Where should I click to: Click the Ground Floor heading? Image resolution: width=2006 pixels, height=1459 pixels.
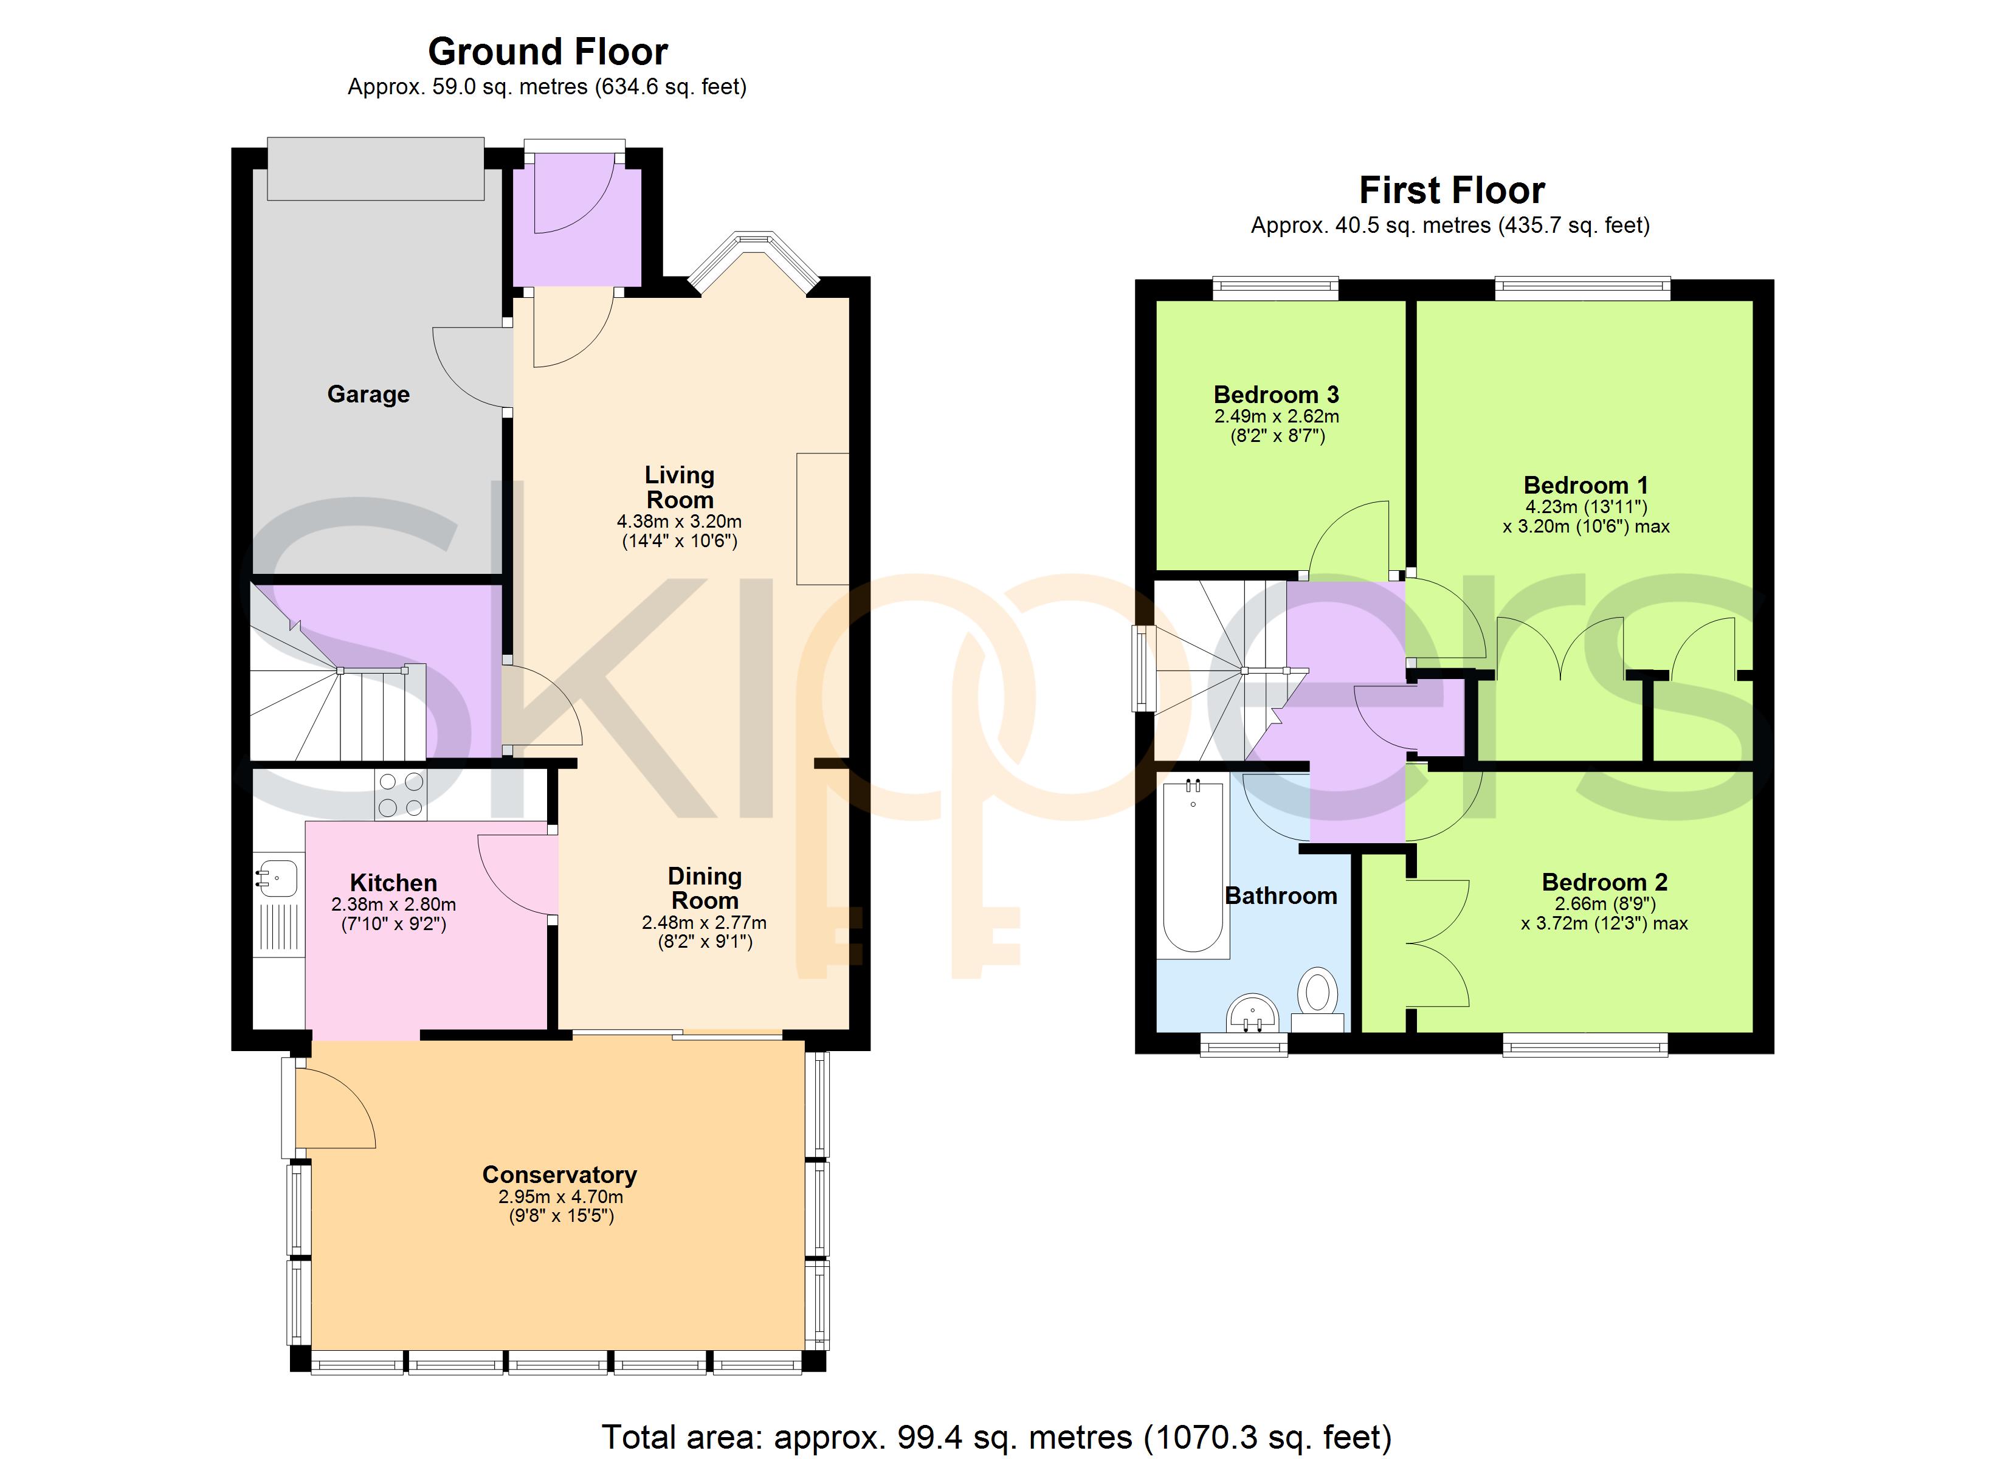tap(548, 52)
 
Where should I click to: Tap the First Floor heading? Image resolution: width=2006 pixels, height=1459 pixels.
tap(1452, 190)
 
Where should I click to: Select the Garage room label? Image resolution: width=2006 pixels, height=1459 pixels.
tap(368, 394)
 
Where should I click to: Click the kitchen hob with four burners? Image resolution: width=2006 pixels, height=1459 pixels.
tap(401, 795)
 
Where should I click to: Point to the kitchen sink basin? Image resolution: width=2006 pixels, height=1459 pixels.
tap(277, 878)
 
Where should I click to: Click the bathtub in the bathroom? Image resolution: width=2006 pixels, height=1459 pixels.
tap(1193, 867)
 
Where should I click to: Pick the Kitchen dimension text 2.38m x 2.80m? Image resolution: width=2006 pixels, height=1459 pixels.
tap(393, 904)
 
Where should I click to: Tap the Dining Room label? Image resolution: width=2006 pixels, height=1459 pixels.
tap(705, 888)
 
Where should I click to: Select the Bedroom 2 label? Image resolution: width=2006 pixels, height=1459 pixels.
tap(1604, 882)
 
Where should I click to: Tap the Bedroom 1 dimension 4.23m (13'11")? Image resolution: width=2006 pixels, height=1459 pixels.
tap(1586, 507)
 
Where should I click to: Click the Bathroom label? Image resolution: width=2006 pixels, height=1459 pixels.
tap(1281, 895)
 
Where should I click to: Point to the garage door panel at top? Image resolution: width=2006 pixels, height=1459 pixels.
tap(376, 168)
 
